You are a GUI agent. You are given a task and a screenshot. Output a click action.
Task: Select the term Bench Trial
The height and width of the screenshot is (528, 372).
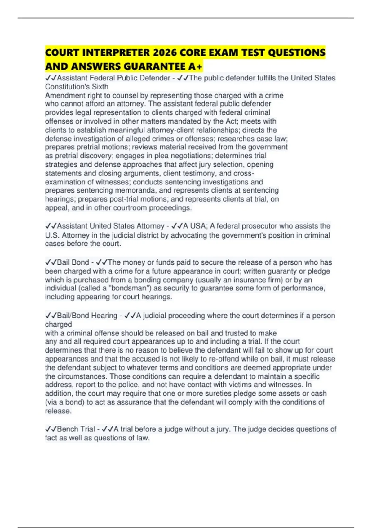point(76,429)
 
